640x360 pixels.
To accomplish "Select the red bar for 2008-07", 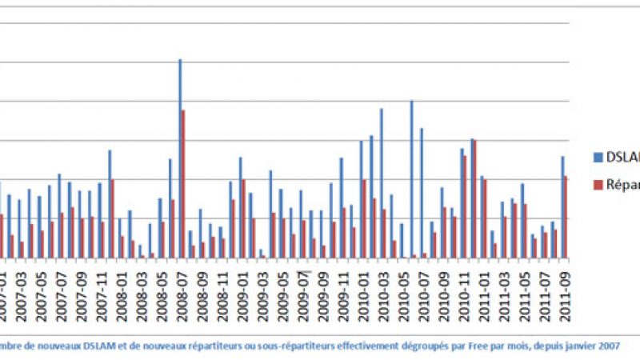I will click(183, 184).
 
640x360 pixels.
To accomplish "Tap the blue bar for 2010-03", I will click(381, 183).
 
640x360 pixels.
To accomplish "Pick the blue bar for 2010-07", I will click(422, 193).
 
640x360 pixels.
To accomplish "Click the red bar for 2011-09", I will click(566, 217).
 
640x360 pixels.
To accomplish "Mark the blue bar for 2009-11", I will click(341, 207).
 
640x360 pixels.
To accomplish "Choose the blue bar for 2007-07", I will click(58, 215).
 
